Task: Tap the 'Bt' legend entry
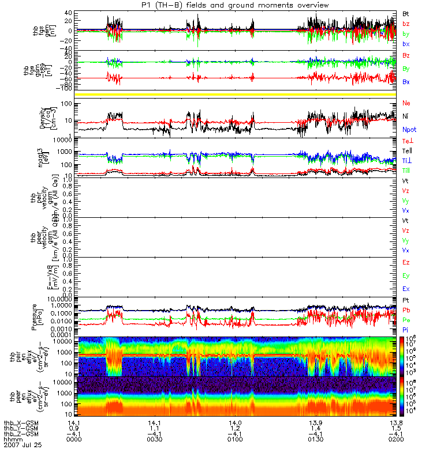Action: [x=406, y=13]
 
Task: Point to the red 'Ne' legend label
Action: [x=406, y=103]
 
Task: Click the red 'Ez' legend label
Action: [x=406, y=263]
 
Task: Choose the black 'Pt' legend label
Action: [x=406, y=301]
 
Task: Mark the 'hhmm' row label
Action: [x=13, y=439]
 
